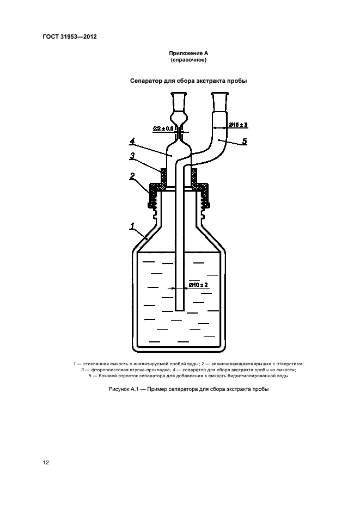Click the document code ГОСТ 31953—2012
pos(70,36)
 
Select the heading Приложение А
pos(188,53)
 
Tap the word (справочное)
pos(188,60)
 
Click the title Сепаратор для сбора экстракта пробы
pos(188,81)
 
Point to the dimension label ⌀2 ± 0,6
pos(164,128)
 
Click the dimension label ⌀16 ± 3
pos(238,125)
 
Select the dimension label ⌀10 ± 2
pos(198,285)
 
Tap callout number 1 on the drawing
pos(132,226)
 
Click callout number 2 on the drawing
pos(132,176)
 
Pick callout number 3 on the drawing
pos(132,156)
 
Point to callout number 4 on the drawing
pos(132,142)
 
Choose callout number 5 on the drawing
pos(245,141)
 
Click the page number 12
pos(46,463)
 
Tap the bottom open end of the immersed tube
pos(179,310)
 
